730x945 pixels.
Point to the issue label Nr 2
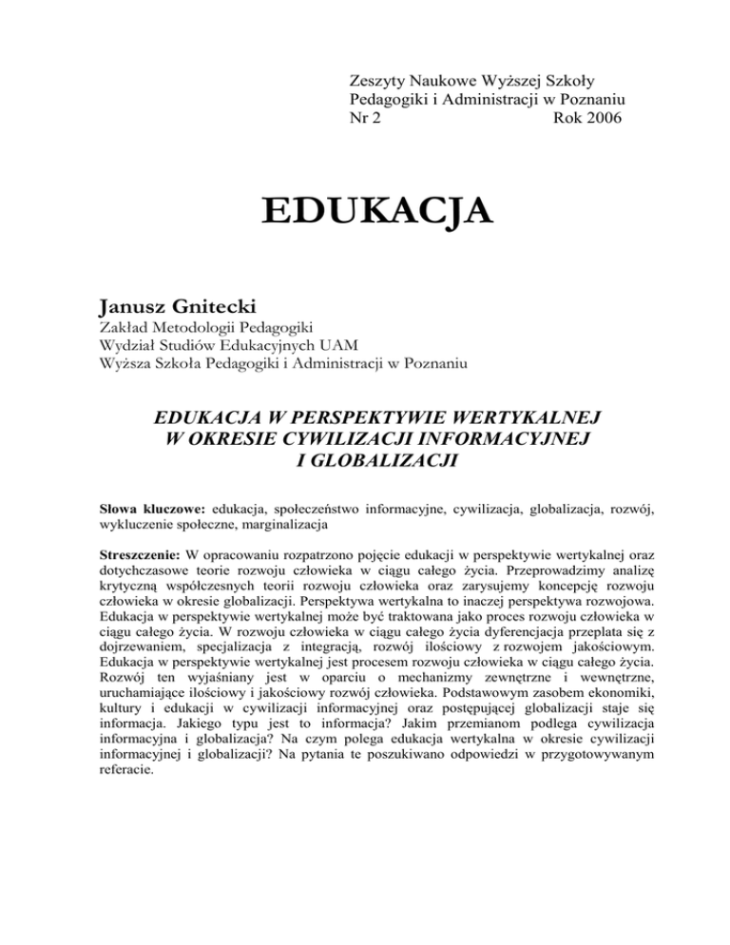click(366, 119)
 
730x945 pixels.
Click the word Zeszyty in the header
click(378, 77)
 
